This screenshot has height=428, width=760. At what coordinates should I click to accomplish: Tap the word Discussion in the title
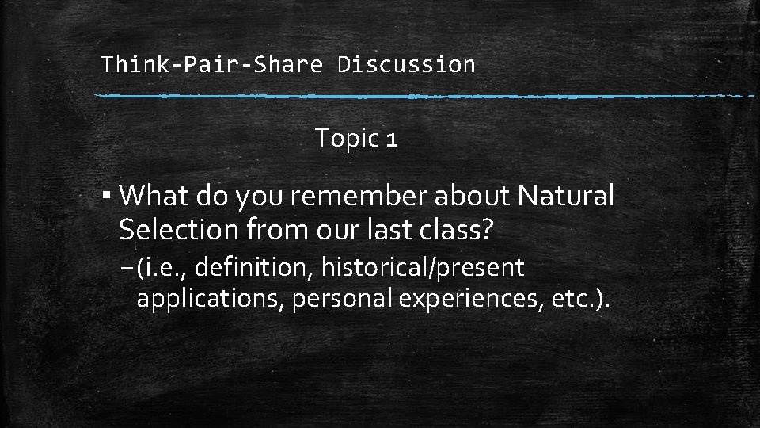(x=406, y=64)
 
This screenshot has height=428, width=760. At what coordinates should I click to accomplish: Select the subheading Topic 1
(x=356, y=139)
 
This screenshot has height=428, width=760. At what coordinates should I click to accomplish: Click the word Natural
(x=565, y=195)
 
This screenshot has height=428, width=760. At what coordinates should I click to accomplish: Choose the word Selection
(x=180, y=230)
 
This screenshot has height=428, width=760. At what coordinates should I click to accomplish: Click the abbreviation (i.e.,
(x=161, y=269)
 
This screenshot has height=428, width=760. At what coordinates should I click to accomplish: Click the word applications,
(x=211, y=300)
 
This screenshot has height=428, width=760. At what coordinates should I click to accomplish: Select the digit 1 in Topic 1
(x=391, y=139)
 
